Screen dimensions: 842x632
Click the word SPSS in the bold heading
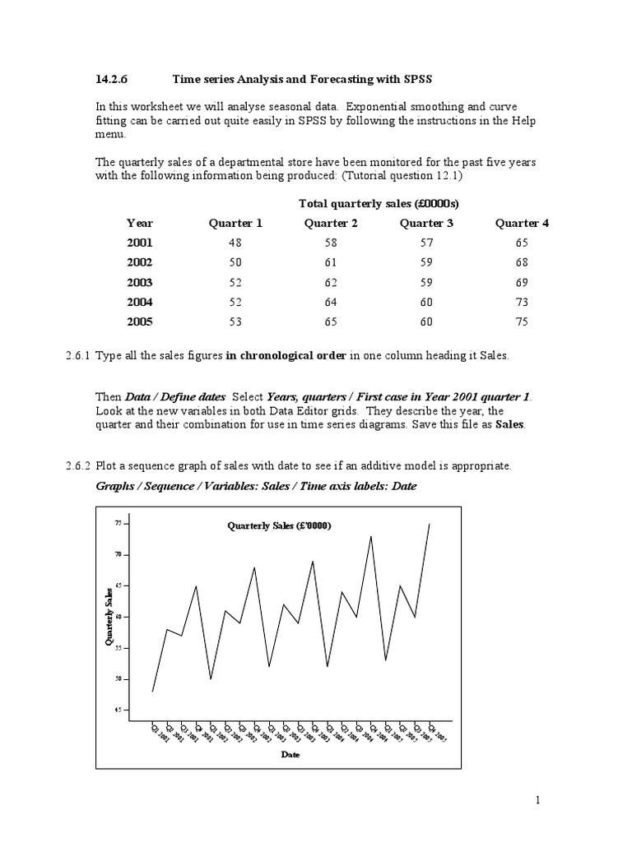(x=416, y=79)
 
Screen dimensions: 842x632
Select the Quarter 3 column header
(x=426, y=223)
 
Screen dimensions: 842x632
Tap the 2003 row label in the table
(x=139, y=282)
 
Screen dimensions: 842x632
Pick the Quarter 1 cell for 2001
(x=235, y=243)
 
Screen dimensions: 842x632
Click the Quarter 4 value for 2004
(x=522, y=302)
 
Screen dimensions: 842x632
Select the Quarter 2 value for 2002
(x=331, y=262)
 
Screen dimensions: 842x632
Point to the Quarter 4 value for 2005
(x=522, y=322)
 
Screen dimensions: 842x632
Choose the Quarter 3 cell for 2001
(x=426, y=243)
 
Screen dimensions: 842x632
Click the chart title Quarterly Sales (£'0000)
(x=279, y=525)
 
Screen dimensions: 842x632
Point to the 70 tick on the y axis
(x=118, y=554)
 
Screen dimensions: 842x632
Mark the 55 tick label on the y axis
(x=118, y=648)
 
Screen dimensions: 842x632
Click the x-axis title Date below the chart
(x=290, y=753)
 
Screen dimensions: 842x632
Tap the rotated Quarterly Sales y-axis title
(x=108, y=617)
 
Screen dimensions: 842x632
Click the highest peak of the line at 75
(x=430, y=524)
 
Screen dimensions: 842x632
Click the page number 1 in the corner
(x=537, y=800)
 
